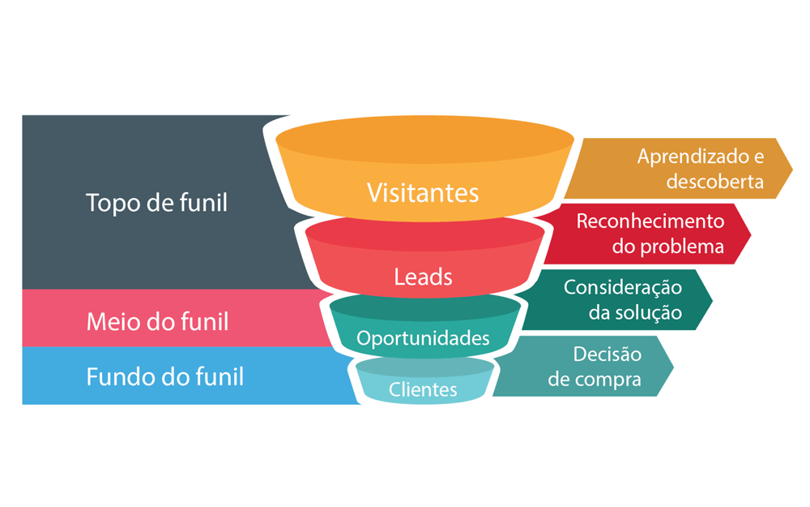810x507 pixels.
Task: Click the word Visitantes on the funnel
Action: click(x=423, y=192)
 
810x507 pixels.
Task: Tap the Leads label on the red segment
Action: click(x=423, y=277)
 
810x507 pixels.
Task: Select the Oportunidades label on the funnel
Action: click(x=424, y=337)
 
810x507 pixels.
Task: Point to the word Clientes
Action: click(x=423, y=389)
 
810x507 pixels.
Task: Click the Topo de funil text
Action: click(x=156, y=203)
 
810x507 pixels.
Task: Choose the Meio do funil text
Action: click(x=157, y=322)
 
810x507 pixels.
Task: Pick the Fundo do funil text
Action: click(x=164, y=376)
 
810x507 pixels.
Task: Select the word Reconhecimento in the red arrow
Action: click(x=650, y=221)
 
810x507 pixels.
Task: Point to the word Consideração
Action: click(x=623, y=287)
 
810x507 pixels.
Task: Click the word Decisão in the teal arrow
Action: click(x=607, y=354)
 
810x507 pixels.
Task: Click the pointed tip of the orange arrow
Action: click(x=791, y=169)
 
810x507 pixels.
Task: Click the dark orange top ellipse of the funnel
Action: click(x=424, y=144)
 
